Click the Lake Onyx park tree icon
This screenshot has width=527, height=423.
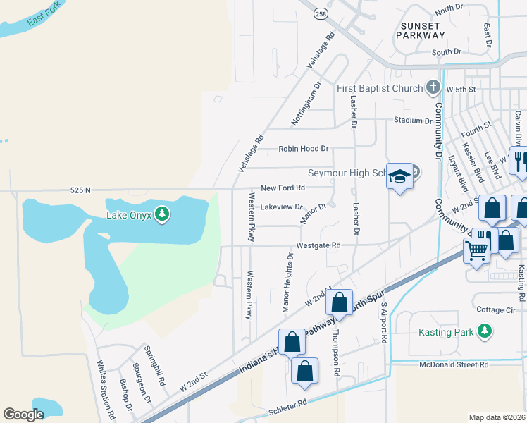pyautogui.click(x=162, y=214)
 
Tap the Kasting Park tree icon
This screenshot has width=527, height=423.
pyautogui.click(x=484, y=331)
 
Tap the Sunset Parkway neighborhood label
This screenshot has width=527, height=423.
pyautogui.click(x=421, y=30)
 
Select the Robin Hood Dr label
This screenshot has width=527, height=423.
pyautogui.click(x=304, y=149)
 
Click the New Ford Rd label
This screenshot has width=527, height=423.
pyautogui.click(x=283, y=188)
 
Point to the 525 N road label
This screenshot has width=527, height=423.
pyautogui.click(x=81, y=190)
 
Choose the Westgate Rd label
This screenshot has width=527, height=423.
pyautogui.click(x=318, y=245)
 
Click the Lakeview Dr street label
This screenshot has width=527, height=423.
pyautogui.click(x=281, y=207)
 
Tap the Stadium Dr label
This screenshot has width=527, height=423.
pyautogui.click(x=413, y=121)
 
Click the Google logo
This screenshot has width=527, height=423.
pyautogui.click(x=24, y=415)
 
